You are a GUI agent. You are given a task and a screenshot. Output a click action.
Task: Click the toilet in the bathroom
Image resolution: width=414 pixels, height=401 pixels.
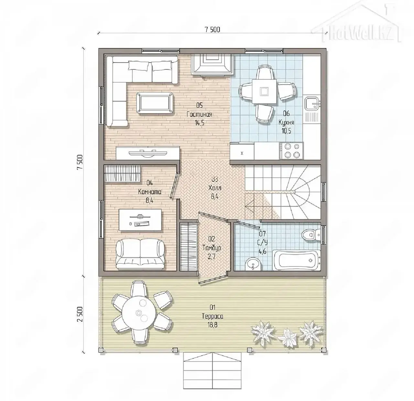tap(311, 235)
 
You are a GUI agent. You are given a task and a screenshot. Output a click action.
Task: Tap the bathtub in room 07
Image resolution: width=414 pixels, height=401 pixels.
tap(296, 260)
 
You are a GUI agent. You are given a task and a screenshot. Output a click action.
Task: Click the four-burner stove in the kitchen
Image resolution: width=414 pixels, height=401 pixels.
tap(291, 150)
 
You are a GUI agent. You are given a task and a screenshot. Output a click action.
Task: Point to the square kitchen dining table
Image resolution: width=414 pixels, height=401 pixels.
tap(265, 91)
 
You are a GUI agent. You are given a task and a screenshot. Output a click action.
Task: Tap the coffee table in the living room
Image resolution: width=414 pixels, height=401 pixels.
tap(155, 103)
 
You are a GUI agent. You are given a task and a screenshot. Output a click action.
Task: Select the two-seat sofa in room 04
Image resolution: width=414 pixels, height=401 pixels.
tap(140, 254)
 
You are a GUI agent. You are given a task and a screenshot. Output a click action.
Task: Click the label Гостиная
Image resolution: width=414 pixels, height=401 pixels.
tap(199, 114)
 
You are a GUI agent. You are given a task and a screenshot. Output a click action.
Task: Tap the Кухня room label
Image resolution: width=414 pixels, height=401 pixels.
tap(286, 122)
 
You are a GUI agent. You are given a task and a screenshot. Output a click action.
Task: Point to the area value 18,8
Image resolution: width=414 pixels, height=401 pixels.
tap(212, 325)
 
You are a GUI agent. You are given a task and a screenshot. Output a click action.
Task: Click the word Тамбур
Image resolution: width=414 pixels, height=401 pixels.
tap(212, 248)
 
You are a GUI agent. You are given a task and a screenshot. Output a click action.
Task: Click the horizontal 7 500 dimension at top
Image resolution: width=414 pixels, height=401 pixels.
tap(212, 30)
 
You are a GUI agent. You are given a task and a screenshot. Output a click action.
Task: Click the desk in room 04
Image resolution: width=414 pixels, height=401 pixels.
tap(140, 219)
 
